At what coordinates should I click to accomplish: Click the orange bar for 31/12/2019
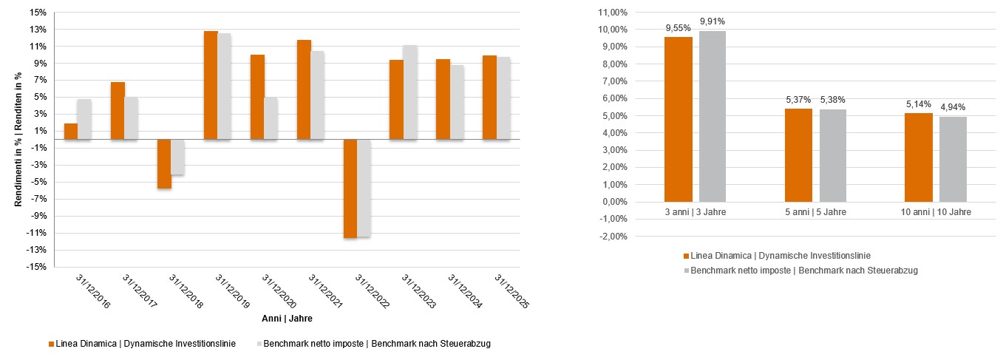point(211,85)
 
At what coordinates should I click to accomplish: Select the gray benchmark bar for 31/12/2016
point(84,119)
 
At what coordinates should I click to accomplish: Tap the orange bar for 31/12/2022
point(350,189)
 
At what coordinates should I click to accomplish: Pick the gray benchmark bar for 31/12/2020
point(270,118)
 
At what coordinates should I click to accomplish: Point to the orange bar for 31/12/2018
point(164,164)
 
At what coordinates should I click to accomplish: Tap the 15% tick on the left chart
point(38,13)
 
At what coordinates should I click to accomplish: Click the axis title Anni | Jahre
point(287,319)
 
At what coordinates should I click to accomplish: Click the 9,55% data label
point(678,28)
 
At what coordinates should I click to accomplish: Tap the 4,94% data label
point(952,108)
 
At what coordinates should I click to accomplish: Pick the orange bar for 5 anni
point(798,155)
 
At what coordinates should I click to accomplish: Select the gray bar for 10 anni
point(953,159)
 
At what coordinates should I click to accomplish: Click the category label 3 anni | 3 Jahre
point(696,212)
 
